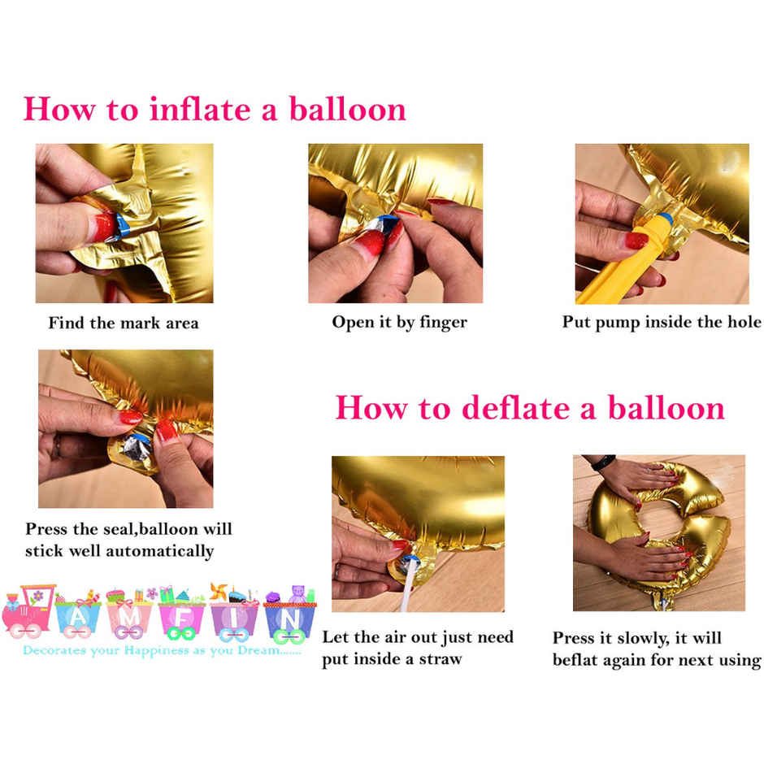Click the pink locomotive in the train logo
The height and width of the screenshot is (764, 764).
pos(28,614)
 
